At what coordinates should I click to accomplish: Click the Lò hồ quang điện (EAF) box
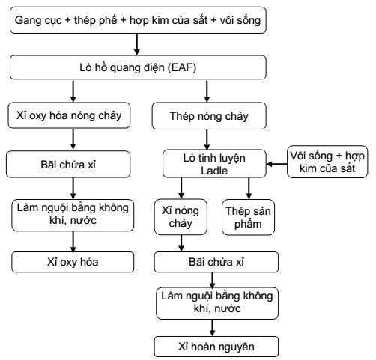138,67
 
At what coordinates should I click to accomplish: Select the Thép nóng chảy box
209,116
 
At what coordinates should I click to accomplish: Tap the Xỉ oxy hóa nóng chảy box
69,115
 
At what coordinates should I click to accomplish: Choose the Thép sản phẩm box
248,217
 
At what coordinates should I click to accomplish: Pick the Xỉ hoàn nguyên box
216,347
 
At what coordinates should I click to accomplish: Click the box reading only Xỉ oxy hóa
73,262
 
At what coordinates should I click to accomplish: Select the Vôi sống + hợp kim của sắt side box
327,162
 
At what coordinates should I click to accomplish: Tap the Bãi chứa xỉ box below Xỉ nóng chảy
216,262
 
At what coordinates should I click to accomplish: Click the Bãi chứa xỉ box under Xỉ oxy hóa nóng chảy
68,164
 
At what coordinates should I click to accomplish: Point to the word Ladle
214,171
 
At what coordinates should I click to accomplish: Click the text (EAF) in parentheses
182,67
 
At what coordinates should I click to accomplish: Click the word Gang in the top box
27,20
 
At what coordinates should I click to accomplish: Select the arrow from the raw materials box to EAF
137,44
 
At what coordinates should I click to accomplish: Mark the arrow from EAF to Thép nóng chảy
207,91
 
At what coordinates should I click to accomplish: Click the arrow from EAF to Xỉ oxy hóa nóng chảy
73,91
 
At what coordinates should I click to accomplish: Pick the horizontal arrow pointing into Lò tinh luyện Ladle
277,164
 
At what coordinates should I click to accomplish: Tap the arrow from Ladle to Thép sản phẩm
249,189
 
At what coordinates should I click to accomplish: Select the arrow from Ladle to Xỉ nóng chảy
181,189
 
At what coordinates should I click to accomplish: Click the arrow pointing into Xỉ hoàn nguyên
212,328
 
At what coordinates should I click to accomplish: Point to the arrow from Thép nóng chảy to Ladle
207,139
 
